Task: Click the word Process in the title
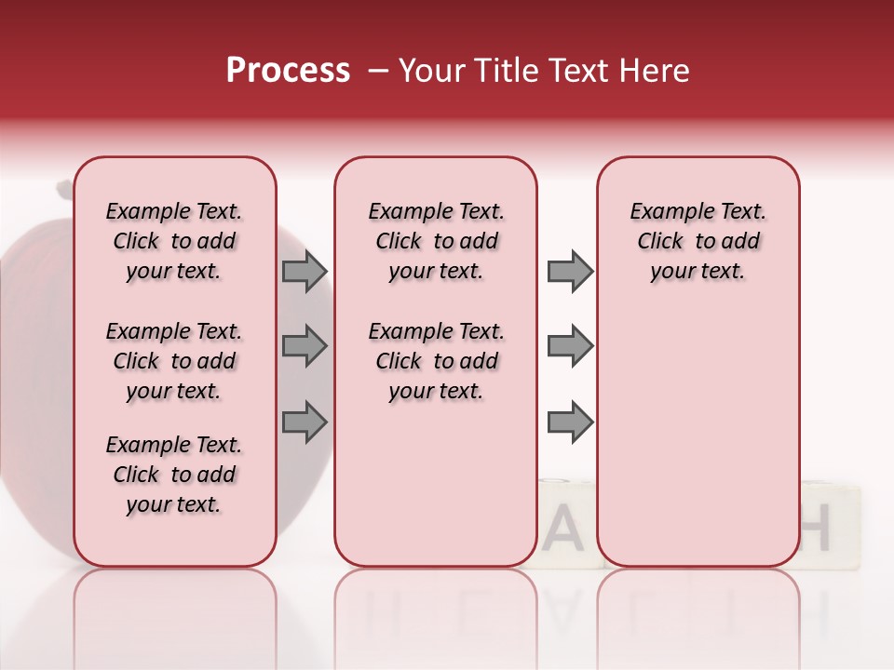coord(288,71)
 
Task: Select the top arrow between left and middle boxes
coord(304,271)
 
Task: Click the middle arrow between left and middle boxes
coord(304,346)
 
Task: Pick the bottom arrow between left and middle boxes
coord(304,422)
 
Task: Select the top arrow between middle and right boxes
coord(570,271)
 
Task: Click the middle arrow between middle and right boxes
coord(570,346)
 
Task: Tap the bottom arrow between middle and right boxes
coord(570,422)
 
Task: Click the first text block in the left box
coord(174,241)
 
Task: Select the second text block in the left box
coord(174,361)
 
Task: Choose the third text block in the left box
coord(174,475)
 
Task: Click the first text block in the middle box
coord(437,241)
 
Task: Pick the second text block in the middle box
coord(437,361)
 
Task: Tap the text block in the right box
coord(698,241)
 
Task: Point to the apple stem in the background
coord(64,190)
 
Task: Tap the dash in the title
coord(377,71)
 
